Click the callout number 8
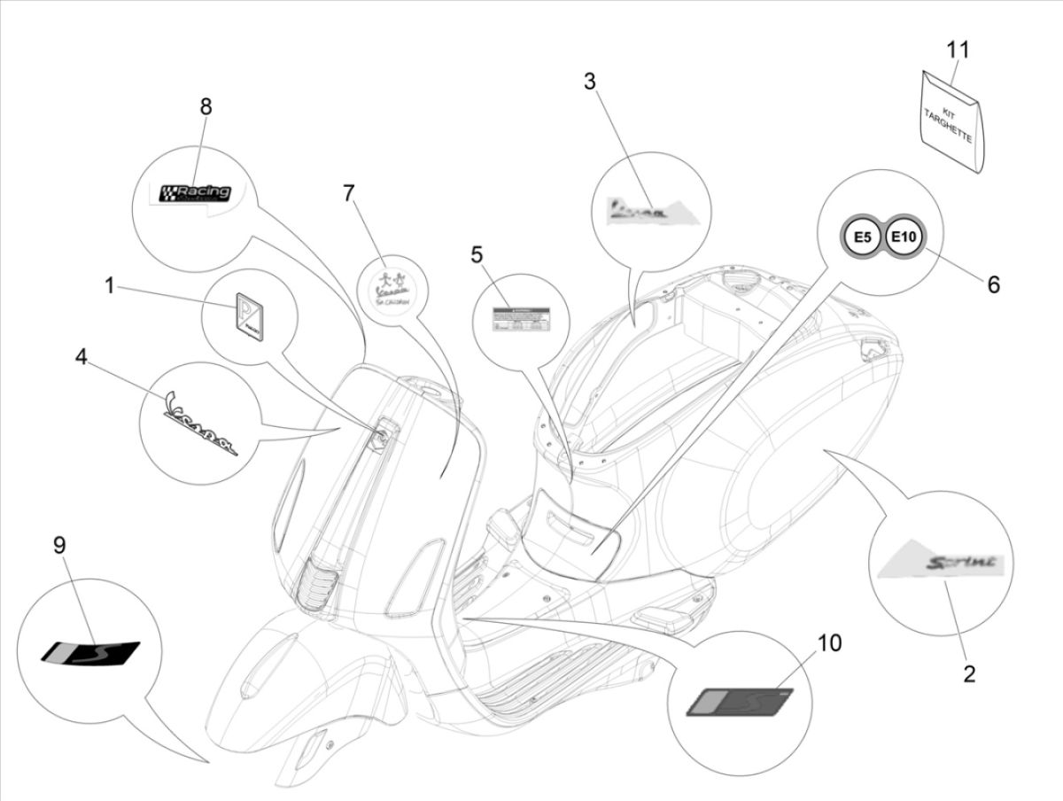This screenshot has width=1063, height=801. point(206,107)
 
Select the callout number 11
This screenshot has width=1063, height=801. point(957,50)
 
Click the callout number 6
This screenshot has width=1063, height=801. point(993,284)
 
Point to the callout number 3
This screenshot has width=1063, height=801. point(589,82)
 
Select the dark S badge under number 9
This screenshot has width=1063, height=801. point(91,651)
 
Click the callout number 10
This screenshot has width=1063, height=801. point(829,642)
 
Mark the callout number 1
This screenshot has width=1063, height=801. point(109,285)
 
